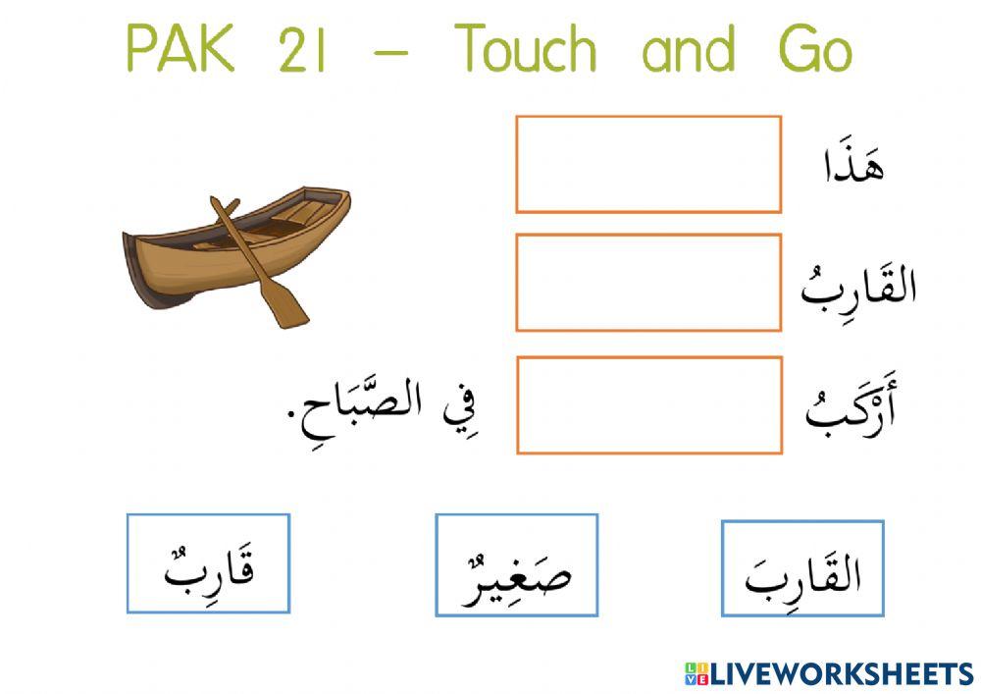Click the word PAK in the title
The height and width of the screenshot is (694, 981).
(x=181, y=49)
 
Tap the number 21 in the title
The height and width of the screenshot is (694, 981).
(x=301, y=50)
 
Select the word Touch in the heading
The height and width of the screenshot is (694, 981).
(x=526, y=49)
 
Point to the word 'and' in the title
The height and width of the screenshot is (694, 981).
(x=688, y=49)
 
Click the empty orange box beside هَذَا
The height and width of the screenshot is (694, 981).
(x=648, y=164)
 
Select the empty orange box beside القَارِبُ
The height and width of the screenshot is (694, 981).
(x=648, y=282)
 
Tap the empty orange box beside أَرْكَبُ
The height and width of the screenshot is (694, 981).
(x=648, y=404)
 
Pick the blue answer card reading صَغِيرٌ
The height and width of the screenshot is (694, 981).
(x=516, y=565)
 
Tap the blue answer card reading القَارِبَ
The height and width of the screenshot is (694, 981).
(x=802, y=569)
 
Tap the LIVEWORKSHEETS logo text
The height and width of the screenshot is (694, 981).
(x=842, y=673)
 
